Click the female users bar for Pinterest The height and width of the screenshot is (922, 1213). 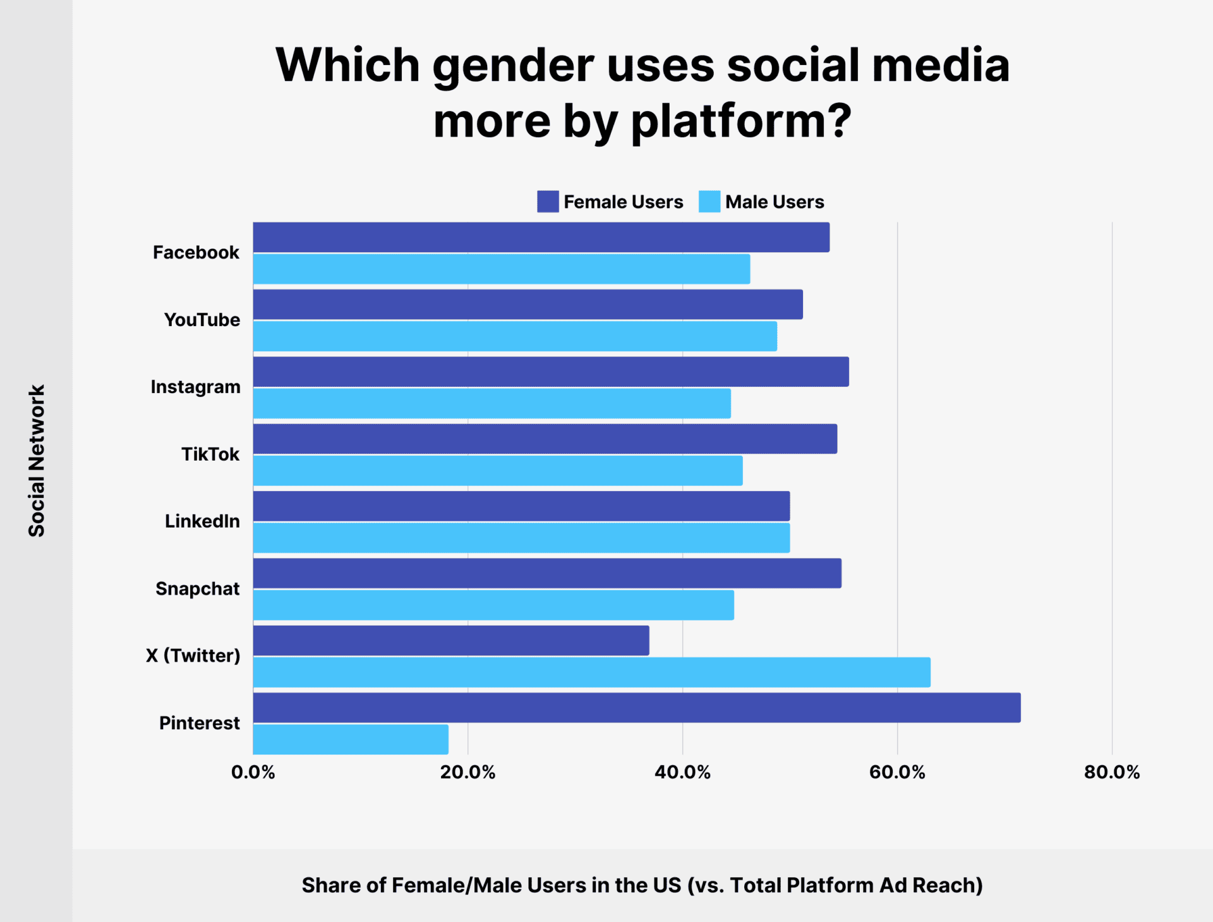point(637,708)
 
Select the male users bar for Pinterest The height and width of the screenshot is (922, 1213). point(351,739)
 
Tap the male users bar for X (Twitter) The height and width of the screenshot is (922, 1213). point(591,672)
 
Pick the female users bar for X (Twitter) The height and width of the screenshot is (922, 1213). point(451,641)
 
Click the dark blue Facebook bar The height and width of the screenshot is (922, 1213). point(541,238)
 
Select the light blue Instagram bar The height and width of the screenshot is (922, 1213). point(492,404)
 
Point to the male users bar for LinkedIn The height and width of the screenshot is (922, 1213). point(521,538)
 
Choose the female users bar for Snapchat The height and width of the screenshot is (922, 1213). point(547,573)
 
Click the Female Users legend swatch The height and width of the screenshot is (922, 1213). point(548,202)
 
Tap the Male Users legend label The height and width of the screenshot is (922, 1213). point(775,202)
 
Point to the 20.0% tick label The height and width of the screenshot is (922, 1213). point(468,772)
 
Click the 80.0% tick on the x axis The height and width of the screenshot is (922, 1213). point(1112,772)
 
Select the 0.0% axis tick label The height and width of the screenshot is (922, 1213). point(253,772)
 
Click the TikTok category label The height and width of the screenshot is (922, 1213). point(210,454)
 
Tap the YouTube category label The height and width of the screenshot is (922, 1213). point(202,320)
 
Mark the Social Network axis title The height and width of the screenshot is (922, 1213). point(37,461)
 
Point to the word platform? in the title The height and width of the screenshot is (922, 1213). point(742,121)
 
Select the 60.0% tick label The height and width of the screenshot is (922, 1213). point(897,772)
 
